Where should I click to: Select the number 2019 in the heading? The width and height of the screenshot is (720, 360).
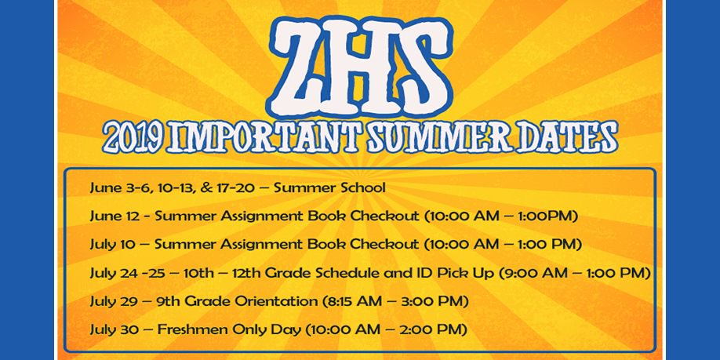point(133,137)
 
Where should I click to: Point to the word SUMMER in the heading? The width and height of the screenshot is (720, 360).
point(439,137)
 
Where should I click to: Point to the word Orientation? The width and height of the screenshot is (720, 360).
point(276,302)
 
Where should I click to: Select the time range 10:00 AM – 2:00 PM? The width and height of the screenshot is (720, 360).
point(386,330)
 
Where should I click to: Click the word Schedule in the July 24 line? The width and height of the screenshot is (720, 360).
point(347,273)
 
